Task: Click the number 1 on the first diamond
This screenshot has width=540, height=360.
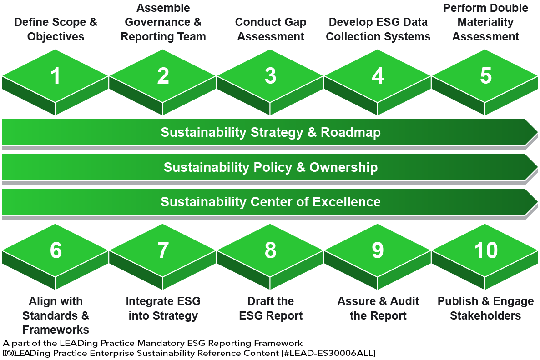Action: coord(56,76)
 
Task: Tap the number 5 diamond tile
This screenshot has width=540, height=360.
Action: coord(485,76)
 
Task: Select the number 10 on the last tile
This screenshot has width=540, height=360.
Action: coord(485,250)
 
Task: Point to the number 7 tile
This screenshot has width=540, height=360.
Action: coord(163,250)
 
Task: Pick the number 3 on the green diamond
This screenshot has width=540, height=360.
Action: coord(270,76)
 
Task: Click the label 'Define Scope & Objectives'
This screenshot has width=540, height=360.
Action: coord(56,30)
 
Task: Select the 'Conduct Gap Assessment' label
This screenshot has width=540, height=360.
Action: coord(270,30)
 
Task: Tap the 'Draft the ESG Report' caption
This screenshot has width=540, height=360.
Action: coord(270,308)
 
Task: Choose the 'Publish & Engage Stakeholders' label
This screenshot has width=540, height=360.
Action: coord(485,308)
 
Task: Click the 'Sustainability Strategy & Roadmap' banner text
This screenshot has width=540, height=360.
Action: coord(270,133)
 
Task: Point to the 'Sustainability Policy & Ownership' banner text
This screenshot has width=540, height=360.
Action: coord(270,167)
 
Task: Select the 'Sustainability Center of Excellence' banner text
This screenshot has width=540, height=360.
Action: coord(270,201)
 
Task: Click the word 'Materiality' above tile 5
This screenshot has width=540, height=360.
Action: coord(485,22)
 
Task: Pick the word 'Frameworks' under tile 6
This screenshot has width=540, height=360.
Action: coord(56,330)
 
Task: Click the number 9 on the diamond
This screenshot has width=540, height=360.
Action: coord(378,250)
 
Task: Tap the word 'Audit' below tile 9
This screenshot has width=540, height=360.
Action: coord(403,301)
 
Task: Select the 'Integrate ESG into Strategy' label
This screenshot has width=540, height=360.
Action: coord(163,308)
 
